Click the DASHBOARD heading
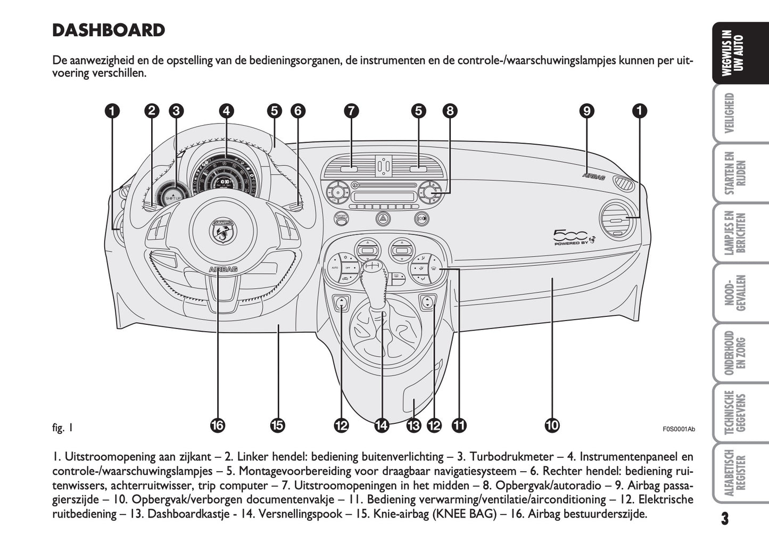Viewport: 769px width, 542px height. pos(109,30)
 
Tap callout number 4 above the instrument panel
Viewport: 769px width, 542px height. pos(227,111)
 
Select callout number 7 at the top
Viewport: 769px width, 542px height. pos(351,111)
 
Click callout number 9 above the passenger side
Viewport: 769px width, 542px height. pos(586,111)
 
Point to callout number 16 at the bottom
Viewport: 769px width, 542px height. pos(217,425)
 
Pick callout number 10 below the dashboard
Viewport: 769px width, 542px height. pos(552,425)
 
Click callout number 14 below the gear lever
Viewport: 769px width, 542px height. pos(382,425)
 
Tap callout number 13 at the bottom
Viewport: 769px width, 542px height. pos(414,425)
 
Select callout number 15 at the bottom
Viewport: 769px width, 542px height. pos(277,425)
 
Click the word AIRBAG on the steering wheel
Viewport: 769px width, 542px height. pos(224,269)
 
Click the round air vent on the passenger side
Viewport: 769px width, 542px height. pos(617,221)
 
